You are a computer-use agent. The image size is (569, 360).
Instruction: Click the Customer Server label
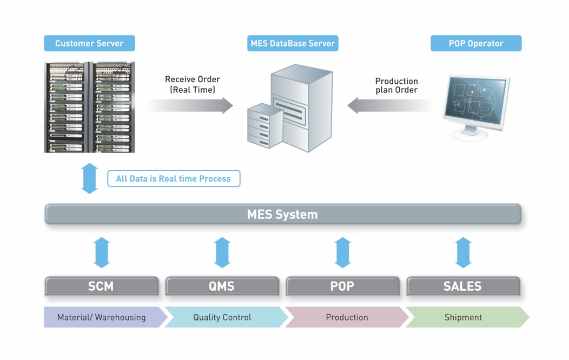coord(89,43)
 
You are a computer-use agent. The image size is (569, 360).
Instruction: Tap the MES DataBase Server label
coord(293,43)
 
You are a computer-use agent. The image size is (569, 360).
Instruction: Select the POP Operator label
coord(476,43)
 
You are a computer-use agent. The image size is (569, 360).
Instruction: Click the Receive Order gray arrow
coord(190,105)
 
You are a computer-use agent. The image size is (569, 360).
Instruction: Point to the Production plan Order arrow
coord(390,105)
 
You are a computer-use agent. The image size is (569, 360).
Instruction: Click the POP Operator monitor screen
coord(475,100)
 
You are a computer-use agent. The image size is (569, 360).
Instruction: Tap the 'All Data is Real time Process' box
coord(174,178)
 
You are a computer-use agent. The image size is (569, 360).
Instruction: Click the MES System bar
coord(283,214)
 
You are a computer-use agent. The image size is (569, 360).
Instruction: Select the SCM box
coord(102,286)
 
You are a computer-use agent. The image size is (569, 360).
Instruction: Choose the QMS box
coord(222,286)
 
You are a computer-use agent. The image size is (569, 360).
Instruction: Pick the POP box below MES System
coord(342,286)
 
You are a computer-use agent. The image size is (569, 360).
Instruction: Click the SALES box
coord(463,286)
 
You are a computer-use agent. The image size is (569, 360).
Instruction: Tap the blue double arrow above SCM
coord(102,252)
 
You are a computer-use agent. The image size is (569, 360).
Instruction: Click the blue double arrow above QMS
coord(222,252)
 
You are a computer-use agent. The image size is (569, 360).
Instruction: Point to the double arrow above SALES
coord(463,252)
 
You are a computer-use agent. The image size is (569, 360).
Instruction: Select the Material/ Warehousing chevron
coord(103,317)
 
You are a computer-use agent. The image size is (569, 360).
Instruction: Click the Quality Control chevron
coord(226,317)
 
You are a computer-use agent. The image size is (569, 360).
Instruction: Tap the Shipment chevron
coord(467,317)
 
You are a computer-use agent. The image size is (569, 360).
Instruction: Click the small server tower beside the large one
coord(264,126)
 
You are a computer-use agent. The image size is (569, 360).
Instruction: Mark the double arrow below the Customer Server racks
coord(89,178)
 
